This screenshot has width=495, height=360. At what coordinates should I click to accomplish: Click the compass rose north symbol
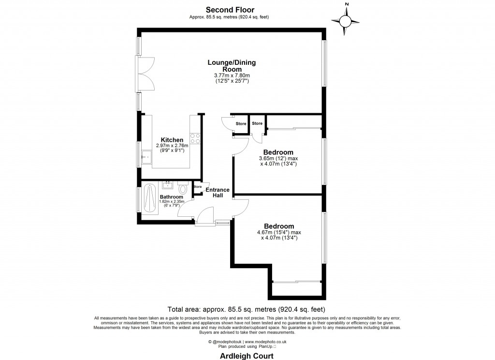[x=346, y=20]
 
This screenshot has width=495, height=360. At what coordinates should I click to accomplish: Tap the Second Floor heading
[x=230, y=10]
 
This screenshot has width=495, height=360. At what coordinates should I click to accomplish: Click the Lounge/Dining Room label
[x=232, y=66]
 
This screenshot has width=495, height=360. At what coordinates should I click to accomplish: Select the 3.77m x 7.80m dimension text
[x=232, y=75]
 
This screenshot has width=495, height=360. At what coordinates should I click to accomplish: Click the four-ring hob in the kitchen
[x=195, y=139]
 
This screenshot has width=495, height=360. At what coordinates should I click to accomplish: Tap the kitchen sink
[x=146, y=157]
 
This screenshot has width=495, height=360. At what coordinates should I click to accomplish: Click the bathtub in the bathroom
[x=148, y=199]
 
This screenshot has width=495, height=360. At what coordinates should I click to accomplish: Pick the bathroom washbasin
[x=168, y=184]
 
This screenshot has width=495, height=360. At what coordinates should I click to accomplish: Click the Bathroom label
[x=171, y=197]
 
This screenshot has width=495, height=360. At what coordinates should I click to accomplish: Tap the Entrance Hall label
[x=217, y=193]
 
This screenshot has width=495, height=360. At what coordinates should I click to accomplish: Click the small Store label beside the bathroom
[x=197, y=187]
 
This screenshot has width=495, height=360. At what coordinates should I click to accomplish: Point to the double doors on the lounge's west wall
[x=145, y=74]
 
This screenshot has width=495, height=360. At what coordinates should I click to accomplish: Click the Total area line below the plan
[x=246, y=309]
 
